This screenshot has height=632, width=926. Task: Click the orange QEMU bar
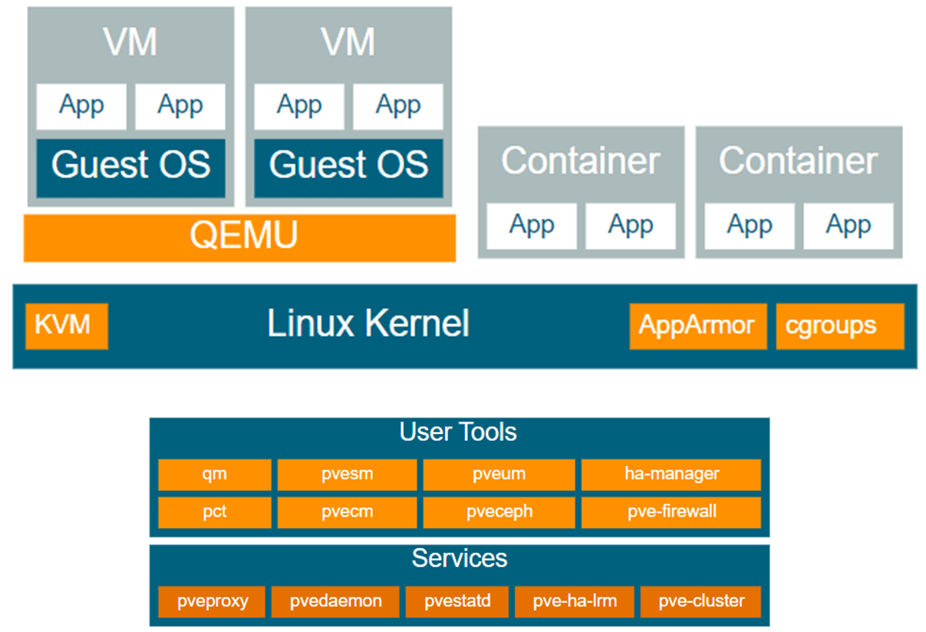tap(240, 237)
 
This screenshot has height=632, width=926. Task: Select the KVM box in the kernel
tap(67, 326)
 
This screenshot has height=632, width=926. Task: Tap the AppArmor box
tap(697, 326)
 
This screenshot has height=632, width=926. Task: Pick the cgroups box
tap(839, 326)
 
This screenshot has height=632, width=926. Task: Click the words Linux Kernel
tap(368, 324)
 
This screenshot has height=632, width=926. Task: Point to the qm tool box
tap(215, 475)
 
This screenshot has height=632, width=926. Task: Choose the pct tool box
tap(215, 512)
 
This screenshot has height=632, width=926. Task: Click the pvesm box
tap(347, 475)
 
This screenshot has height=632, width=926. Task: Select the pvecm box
tap(347, 512)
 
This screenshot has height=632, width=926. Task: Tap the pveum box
tap(499, 475)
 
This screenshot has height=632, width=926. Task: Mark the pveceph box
tap(499, 512)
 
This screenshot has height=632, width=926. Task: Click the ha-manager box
tap(671, 475)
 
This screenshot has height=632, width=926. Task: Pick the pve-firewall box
tap(671, 512)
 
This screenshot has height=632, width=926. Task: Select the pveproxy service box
tap(213, 601)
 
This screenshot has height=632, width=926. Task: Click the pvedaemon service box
tap(335, 601)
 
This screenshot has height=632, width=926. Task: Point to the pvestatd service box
tap(457, 601)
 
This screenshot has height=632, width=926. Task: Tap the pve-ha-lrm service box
tap(575, 601)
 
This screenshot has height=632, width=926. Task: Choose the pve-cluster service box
tap(700, 601)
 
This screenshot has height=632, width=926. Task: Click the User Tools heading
tap(458, 432)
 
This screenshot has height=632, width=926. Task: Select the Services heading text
tap(460, 558)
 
